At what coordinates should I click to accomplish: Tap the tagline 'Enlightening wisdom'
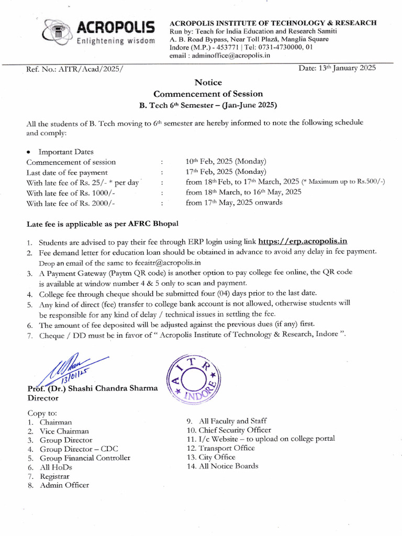(115, 41)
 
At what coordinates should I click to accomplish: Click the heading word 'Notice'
(208, 82)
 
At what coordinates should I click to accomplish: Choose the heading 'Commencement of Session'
(208, 94)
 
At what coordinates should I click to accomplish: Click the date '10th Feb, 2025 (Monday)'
(226, 161)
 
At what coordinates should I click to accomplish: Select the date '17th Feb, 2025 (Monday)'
(226, 172)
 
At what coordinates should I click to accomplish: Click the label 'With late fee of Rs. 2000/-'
(71, 203)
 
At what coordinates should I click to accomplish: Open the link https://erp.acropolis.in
(303, 241)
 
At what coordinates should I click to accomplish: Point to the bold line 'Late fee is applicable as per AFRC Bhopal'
(103, 224)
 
